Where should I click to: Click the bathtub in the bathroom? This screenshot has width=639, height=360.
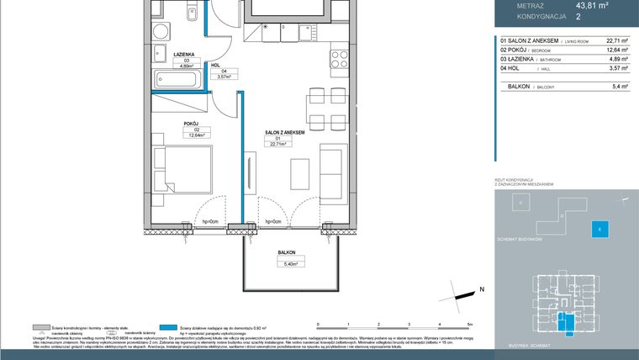coord(179,82)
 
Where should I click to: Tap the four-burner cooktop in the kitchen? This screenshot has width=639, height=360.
coord(339,60)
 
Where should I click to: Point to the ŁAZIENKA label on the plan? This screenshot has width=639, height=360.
coord(185,55)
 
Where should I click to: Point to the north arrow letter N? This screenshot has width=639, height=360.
coord(483,289)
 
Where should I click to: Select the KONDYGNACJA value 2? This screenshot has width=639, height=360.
coord(578,15)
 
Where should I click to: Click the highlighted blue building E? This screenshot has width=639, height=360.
coord(599,229)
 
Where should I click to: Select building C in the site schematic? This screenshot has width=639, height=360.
coord(520,204)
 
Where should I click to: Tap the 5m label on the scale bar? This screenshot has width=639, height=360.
coord(470,323)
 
